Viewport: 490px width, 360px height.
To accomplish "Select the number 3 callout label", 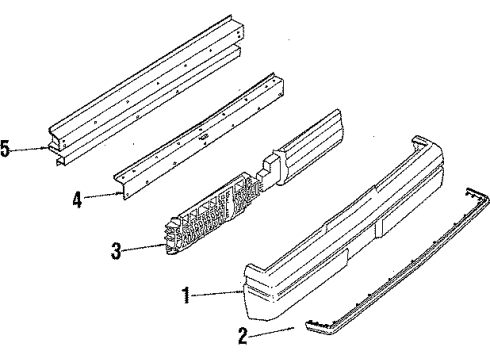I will pos(117,252).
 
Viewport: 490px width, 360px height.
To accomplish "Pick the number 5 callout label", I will pos(7,150).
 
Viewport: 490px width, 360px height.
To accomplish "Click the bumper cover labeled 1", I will pos(340,230).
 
